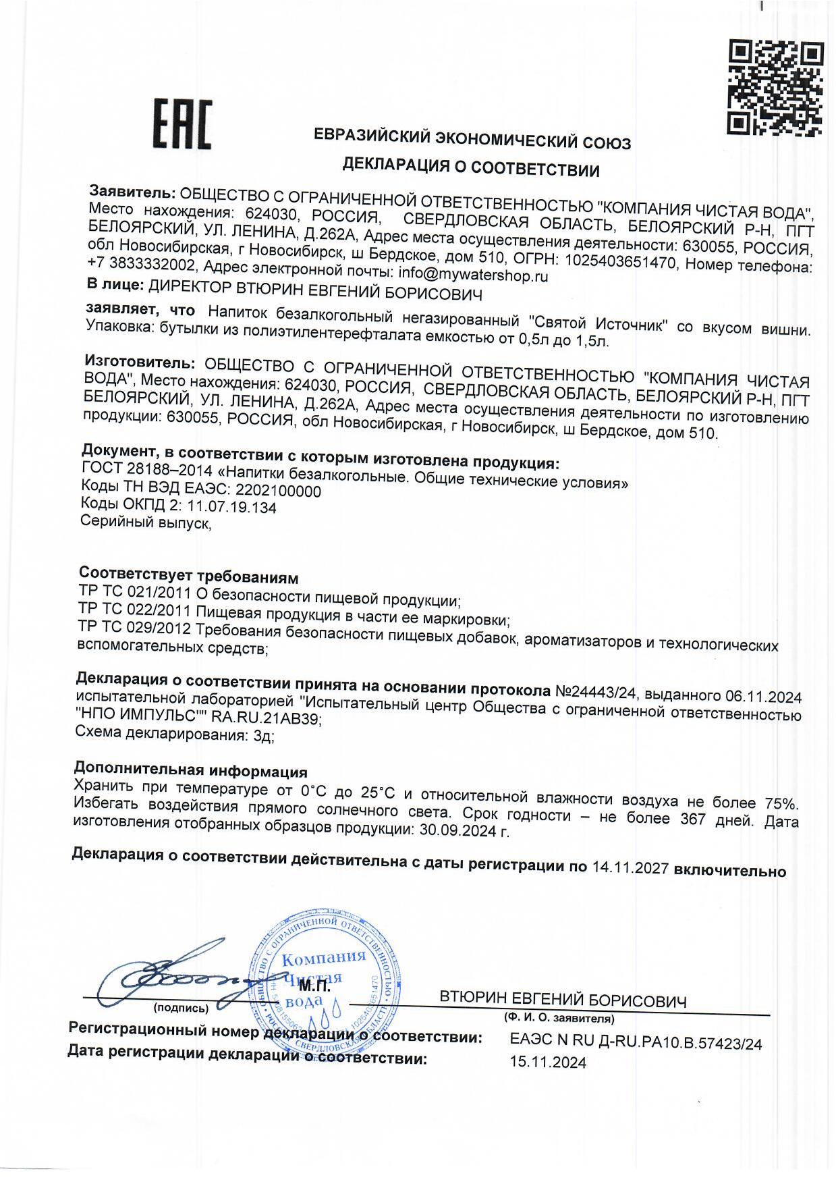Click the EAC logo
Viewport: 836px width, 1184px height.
click(x=180, y=124)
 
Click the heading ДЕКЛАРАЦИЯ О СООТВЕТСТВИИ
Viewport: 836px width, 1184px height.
click(x=471, y=166)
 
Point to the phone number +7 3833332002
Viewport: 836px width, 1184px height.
click(x=142, y=264)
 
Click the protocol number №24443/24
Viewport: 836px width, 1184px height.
click(x=596, y=693)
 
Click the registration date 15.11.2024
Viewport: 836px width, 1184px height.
click(x=548, y=1062)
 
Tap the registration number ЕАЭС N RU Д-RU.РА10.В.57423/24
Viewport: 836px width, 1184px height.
click(x=636, y=1043)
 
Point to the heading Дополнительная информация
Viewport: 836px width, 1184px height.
click(x=190, y=771)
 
